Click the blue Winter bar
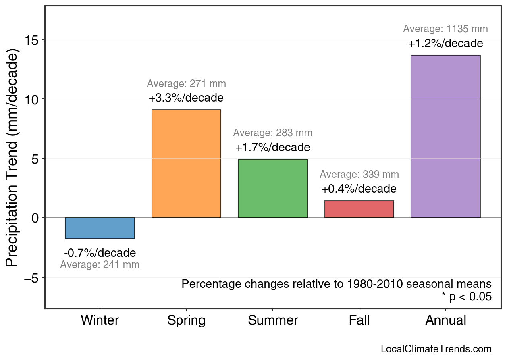click(100, 228)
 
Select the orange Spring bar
click(186, 164)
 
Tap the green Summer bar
click(273, 189)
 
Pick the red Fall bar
click(359, 209)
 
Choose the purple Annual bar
click(445, 137)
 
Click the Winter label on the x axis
click(100, 320)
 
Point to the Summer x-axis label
click(273, 320)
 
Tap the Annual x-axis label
click(445, 320)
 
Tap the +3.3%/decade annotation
click(186, 98)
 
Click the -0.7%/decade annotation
click(100, 253)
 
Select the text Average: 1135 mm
click(445, 29)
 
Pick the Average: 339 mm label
click(359, 175)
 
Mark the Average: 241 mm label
click(100, 265)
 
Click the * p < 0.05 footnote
click(466, 297)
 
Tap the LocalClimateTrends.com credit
click(436, 349)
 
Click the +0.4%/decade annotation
click(359, 189)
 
